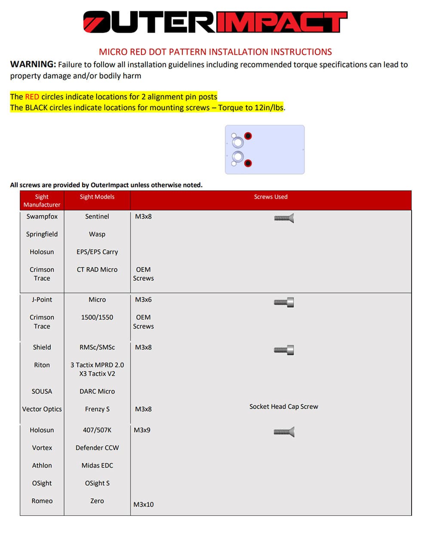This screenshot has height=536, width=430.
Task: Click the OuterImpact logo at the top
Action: click(215, 22)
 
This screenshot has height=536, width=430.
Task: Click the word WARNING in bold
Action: click(33, 65)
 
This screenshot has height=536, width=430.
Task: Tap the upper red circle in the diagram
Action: click(248, 136)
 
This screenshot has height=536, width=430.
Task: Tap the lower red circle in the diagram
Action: click(248, 163)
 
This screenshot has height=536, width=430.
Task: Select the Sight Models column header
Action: click(97, 197)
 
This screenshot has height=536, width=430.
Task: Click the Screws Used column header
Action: click(270, 197)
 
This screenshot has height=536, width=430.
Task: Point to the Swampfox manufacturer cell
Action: click(42, 217)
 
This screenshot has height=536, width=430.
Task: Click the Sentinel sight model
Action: click(97, 217)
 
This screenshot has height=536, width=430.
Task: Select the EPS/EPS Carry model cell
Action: click(97, 252)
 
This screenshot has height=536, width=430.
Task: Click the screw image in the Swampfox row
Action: click(284, 218)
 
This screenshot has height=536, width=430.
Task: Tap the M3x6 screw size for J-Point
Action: click(143, 300)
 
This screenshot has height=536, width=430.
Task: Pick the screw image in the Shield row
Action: click(284, 350)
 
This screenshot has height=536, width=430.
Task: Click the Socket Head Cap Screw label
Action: click(284, 406)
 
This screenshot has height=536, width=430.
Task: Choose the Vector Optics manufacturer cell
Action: click(42, 409)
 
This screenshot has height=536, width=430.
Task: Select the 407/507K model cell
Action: click(97, 430)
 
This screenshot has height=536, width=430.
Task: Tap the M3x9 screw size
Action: click(142, 430)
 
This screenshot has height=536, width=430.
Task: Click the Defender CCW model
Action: click(97, 448)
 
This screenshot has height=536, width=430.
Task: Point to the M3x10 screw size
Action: click(143, 505)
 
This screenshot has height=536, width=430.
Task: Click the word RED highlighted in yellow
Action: click(32, 96)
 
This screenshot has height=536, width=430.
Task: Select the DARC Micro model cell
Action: click(97, 391)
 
